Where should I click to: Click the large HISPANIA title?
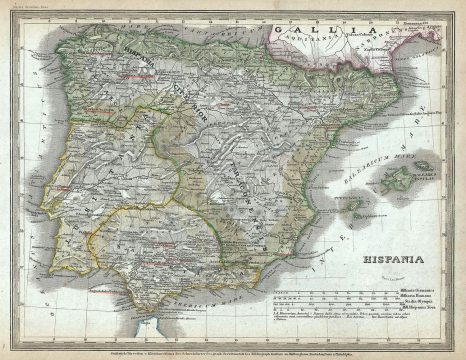(373, 268)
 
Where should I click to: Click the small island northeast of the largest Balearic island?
(423, 166)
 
